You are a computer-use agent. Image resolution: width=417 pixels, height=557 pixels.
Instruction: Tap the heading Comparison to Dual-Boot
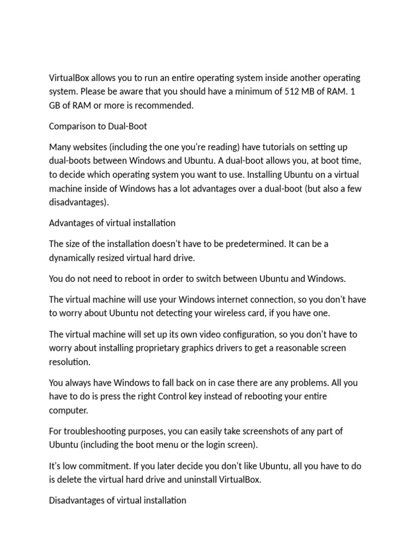[98, 126]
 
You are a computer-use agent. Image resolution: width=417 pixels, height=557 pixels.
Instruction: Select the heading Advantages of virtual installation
[112, 223]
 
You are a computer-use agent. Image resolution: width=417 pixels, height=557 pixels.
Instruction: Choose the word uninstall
[198, 480]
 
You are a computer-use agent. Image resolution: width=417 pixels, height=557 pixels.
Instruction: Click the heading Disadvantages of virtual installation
[118, 500]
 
